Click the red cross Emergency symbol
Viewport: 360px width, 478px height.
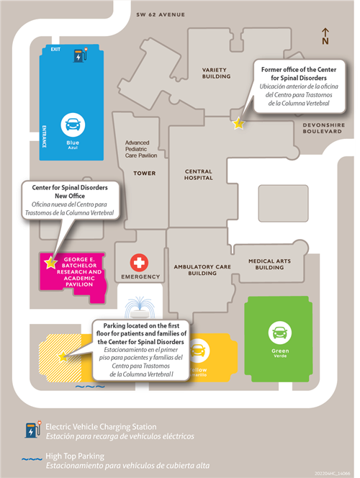139,263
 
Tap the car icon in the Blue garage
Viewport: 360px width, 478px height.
73,125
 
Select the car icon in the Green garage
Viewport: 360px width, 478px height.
280,333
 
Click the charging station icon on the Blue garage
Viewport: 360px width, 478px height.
81,55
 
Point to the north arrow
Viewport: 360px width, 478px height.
325,36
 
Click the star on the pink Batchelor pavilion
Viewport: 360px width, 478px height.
50,262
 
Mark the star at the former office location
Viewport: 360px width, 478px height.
238,123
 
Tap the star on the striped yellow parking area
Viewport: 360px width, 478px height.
63,356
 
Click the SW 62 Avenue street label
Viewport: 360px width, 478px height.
161,14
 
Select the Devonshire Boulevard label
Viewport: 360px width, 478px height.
324,128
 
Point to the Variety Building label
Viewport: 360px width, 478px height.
216,73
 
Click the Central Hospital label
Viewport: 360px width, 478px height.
199,175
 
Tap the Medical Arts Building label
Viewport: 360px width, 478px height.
269,264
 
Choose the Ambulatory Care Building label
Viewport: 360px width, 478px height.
202,270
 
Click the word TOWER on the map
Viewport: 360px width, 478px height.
145,173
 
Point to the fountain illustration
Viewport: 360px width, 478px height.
140,307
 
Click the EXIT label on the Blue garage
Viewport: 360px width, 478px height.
55,49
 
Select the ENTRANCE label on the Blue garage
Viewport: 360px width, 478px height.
44,137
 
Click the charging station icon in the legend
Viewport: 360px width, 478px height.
33,430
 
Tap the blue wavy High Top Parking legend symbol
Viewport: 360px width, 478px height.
32,459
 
